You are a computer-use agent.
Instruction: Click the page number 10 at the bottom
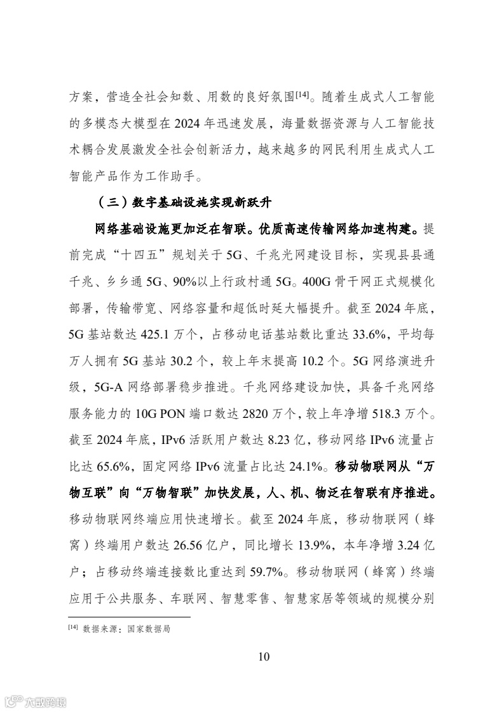click(264, 656)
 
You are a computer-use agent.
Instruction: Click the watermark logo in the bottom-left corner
click(36, 701)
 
